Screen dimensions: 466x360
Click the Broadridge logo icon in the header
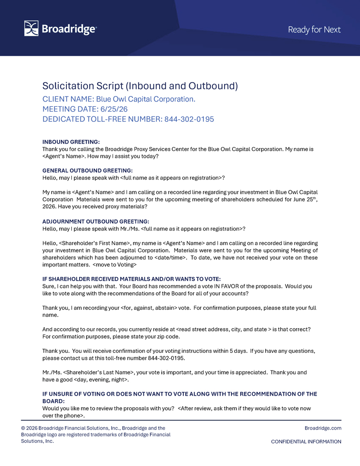click(31, 29)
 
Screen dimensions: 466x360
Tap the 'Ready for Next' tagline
click(314, 30)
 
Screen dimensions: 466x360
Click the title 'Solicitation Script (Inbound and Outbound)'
click(140, 86)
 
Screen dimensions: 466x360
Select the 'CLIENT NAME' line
click(119, 100)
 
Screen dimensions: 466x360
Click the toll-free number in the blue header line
click(189, 119)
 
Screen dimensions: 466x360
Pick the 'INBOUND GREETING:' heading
click(71, 142)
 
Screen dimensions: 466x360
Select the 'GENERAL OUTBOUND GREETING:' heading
click(87, 171)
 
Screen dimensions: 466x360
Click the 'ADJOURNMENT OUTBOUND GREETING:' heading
click(96, 221)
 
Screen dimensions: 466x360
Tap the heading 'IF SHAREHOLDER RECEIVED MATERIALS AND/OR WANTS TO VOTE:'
click(131, 279)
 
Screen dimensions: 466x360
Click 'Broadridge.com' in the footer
click(323, 428)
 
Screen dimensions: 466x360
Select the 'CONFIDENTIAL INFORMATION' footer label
click(306, 442)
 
